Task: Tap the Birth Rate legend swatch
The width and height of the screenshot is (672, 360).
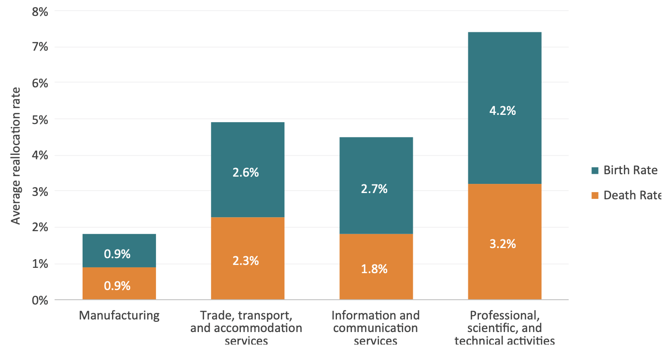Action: coord(595,170)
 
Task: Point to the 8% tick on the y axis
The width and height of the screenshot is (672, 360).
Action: coord(40,11)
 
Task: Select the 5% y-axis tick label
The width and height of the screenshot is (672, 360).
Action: coord(40,119)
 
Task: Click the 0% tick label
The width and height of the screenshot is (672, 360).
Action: coord(40,300)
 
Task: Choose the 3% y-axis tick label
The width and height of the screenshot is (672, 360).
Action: coord(40,192)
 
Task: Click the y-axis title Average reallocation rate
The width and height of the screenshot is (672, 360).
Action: coord(16,155)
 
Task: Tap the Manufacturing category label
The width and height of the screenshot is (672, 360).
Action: coord(119,316)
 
